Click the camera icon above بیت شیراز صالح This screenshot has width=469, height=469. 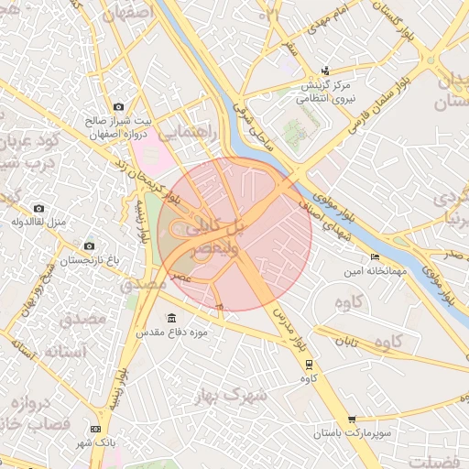[117, 106]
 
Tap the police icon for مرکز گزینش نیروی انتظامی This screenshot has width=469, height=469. [325, 71]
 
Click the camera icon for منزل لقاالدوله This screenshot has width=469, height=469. [38, 209]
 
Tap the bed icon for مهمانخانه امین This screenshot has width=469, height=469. [374, 256]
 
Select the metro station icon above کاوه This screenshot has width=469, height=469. [308, 363]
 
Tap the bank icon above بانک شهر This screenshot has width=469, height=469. [96, 429]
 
